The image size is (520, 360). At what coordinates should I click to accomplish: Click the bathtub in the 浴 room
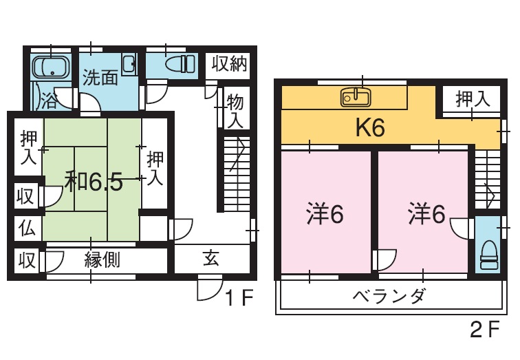[x=52, y=67]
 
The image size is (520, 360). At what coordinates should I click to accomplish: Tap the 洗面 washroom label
[x=100, y=78]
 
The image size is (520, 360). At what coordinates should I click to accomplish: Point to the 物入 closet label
[x=235, y=111]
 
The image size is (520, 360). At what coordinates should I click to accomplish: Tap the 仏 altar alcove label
[x=26, y=227]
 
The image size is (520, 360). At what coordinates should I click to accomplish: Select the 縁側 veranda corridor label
[x=103, y=260]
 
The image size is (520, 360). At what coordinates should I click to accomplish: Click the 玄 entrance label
[x=210, y=260]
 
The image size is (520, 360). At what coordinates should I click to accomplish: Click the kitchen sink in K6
[x=355, y=97]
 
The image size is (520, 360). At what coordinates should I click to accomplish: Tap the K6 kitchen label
[x=369, y=129]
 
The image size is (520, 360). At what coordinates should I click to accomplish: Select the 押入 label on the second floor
[x=473, y=98]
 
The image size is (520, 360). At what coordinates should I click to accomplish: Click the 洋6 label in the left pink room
[x=325, y=215]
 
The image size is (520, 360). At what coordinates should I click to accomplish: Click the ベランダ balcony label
[x=390, y=297]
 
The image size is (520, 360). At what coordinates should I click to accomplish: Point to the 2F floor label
[x=484, y=331]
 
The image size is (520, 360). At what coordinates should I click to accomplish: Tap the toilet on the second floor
[x=489, y=253]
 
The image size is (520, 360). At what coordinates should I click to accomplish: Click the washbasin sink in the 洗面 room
[x=129, y=65]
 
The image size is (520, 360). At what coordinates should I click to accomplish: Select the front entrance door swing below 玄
[x=208, y=288]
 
